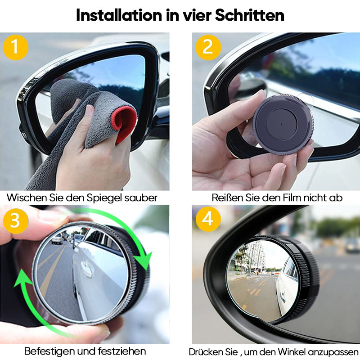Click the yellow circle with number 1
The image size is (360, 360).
pyautogui.click(x=15, y=47)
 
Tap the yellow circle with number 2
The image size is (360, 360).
pyautogui.click(x=207, y=47)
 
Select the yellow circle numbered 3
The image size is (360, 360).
pyautogui.click(x=15, y=220)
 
